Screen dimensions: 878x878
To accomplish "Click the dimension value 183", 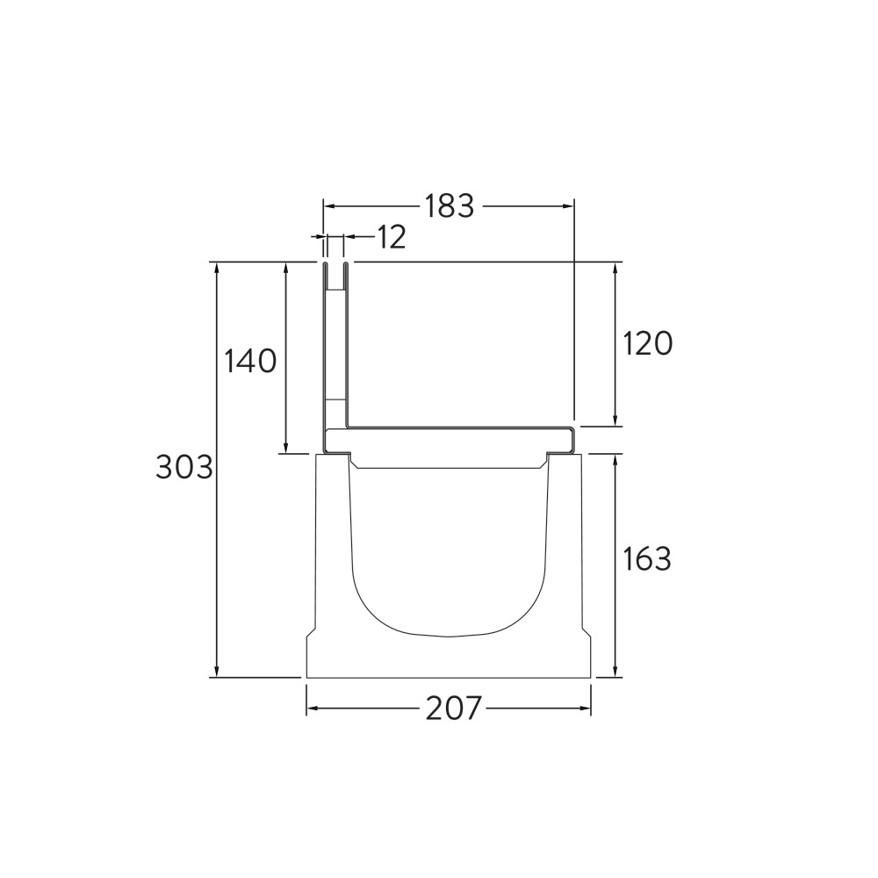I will (x=449, y=205).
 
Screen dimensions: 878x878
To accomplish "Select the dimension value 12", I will (x=392, y=237).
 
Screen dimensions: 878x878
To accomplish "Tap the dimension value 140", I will (x=250, y=361).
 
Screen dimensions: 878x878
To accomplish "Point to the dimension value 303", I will (x=184, y=467).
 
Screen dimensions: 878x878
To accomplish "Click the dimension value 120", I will (x=647, y=343).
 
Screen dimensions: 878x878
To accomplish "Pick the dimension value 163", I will (x=647, y=558).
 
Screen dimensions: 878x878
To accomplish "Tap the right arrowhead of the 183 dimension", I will (x=568, y=205).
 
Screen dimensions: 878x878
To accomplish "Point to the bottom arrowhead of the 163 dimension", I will (x=615, y=672).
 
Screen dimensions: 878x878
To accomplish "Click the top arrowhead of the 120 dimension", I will (x=615, y=268).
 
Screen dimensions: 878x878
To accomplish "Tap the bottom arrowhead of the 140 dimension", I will (x=285, y=448).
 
